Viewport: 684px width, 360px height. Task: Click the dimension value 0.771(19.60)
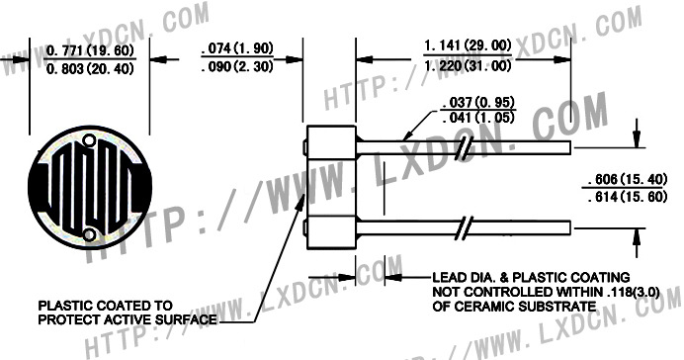pyautogui.click(x=89, y=50)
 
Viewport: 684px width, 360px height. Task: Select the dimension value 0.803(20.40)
pyautogui.click(x=89, y=68)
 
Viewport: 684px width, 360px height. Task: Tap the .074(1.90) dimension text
pyautogui.click(x=238, y=48)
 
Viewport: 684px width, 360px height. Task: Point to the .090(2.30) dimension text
pyautogui.click(x=238, y=66)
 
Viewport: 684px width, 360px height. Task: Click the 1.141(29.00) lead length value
pyautogui.click(x=468, y=45)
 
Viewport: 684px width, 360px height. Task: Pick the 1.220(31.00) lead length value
pyautogui.click(x=468, y=65)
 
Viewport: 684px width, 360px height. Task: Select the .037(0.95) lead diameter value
pyautogui.click(x=478, y=103)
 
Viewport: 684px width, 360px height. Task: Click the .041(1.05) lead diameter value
pyautogui.click(x=478, y=118)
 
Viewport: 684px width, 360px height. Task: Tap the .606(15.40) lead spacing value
pyautogui.click(x=628, y=179)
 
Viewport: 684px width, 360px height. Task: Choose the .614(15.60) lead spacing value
pyautogui.click(x=628, y=197)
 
